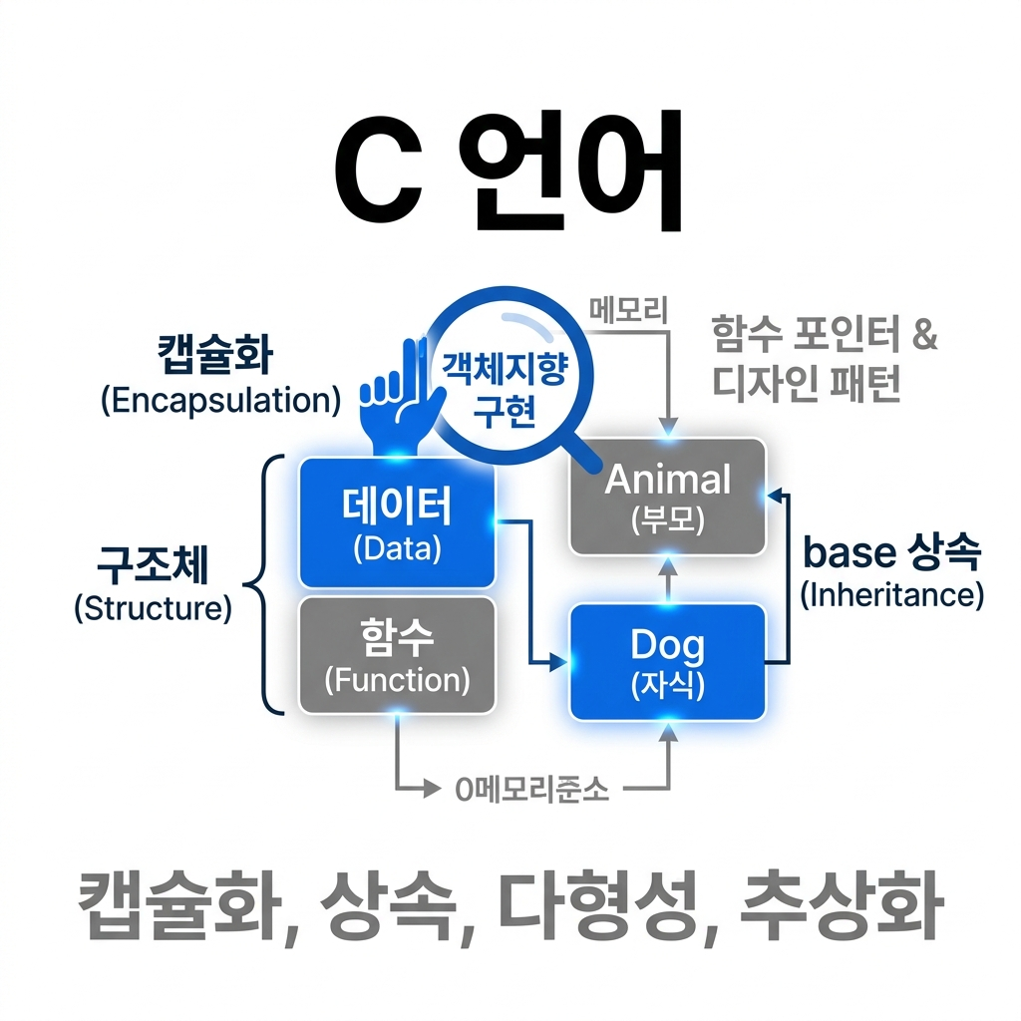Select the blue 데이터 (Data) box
click(397, 521)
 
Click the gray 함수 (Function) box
click(397, 655)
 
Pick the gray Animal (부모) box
click(667, 496)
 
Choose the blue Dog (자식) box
click(667, 661)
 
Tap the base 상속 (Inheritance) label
click(891, 571)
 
